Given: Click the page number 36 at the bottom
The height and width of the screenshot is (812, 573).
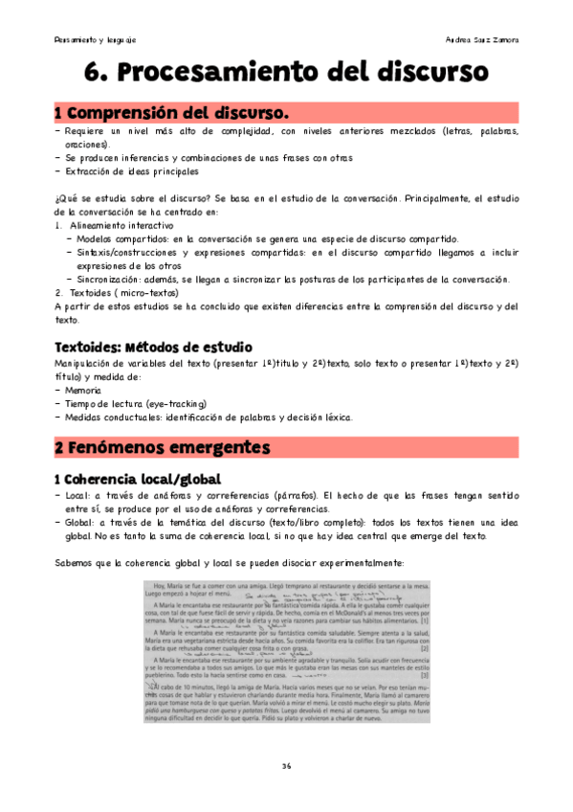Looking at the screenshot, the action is point(286,766).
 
